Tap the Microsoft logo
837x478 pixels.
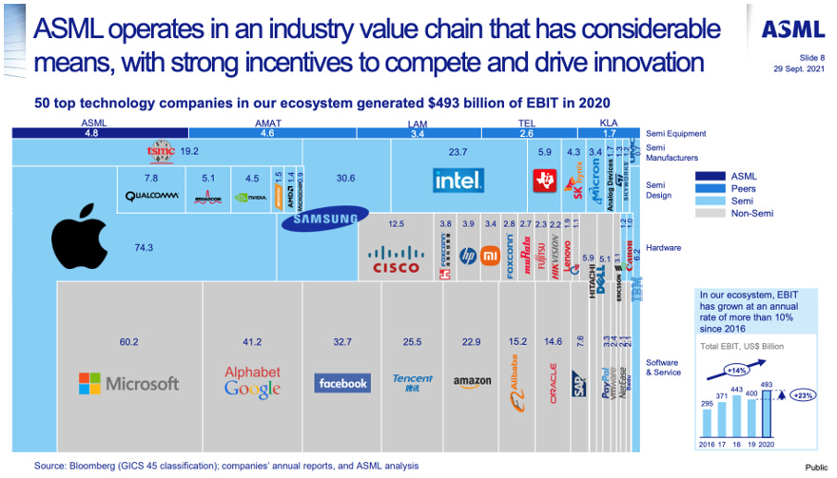pos(128,383)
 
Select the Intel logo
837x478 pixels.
pos(458,179)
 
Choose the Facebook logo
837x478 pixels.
pos(342,383)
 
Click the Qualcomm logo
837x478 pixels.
pos(152,197)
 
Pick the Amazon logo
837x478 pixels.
pos(472,382)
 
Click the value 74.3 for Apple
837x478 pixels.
pos(144,247)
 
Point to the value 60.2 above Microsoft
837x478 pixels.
pos(128,342)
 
